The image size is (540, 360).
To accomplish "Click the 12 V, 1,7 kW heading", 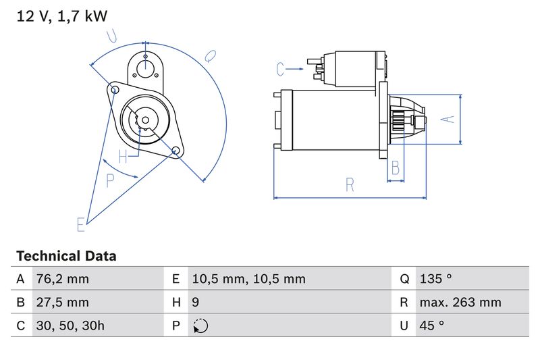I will click(x=62, y=16).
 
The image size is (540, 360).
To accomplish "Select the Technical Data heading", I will click(x=66, y=256).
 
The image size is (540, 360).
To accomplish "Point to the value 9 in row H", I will click(x=196, y=303).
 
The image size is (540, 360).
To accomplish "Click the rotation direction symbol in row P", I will click(x=200, y=326).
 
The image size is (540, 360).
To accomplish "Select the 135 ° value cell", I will click(x=435, y=279).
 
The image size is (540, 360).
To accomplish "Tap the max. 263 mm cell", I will click(x=460, y=303).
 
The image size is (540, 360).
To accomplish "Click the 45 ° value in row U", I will click(x=431, y=326).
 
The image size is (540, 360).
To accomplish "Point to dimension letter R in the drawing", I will click(x=350, y=185).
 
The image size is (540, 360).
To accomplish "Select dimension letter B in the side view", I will click(x=396, y=167).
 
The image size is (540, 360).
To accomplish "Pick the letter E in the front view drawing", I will click(x=80, y=224).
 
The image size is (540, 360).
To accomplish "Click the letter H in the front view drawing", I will click(x=123, y=157).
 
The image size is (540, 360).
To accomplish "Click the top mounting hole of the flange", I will click(x=145, y=66).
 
